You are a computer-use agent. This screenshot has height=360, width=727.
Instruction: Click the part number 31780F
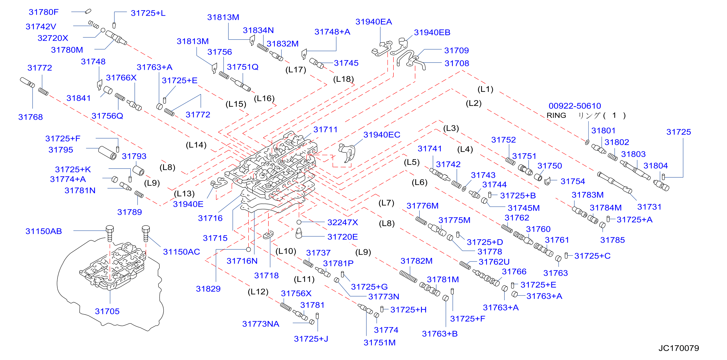point(43,12)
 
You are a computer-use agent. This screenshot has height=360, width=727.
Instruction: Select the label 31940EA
point(373,22)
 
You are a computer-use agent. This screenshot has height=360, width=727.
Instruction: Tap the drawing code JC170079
point(679,348)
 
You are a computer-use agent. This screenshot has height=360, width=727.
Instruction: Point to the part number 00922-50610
point(575,106)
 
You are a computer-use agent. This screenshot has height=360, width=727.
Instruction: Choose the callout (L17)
point(295,70)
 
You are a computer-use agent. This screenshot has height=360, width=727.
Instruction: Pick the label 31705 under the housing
point(107,311)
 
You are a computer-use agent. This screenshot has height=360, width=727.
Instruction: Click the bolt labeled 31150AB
point(109,233)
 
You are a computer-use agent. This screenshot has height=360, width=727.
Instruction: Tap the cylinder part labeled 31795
point(107,153)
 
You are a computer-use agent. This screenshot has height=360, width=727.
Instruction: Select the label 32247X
point(342,222)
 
